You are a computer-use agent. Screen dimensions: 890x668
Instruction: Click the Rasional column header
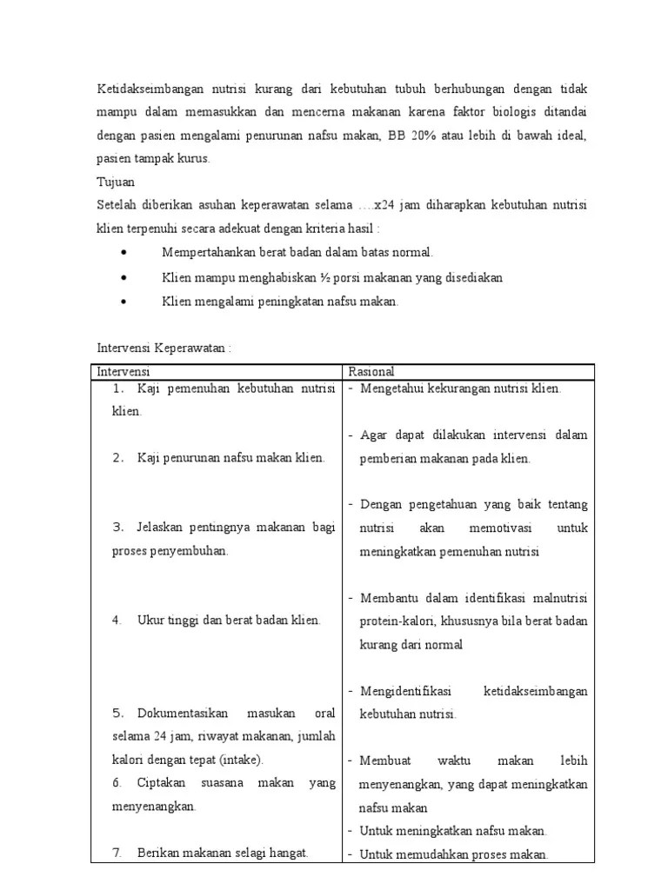[371, 371]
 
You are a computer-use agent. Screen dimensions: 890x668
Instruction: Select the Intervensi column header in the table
[124, 371]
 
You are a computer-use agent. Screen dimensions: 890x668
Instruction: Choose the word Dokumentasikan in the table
[182, 714]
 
